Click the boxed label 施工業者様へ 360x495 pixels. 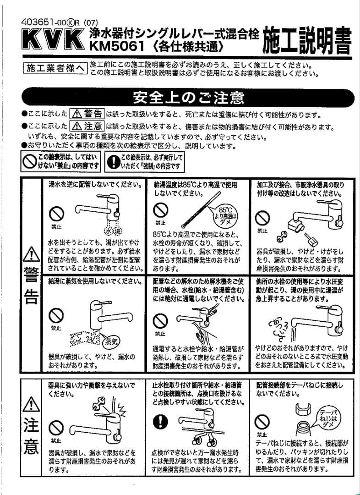[55, 68]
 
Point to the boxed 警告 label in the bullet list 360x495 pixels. [87, 114]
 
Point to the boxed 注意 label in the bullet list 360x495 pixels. [87, 126]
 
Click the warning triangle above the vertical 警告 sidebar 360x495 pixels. [30, 254]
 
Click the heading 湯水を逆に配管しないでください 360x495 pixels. [95, 184]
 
